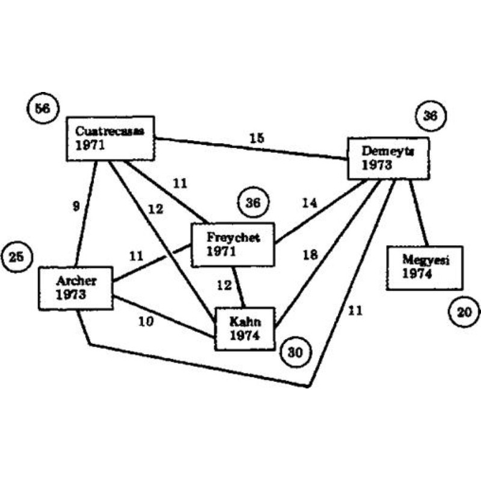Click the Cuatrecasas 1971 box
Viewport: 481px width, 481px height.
click(110, 138)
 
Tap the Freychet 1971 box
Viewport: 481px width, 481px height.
click(233, 244)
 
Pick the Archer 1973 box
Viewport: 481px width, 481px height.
click(76, 288)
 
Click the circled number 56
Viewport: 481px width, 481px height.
click(43, 109)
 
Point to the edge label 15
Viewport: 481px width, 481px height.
click(257, 138)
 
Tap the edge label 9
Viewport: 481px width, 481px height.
click(75, 206)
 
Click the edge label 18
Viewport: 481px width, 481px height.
click(310, 255)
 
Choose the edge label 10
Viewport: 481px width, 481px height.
click(146, 322)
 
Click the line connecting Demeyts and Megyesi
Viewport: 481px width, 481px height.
click(418, 212)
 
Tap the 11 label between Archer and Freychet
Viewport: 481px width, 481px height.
click(136, 256)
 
